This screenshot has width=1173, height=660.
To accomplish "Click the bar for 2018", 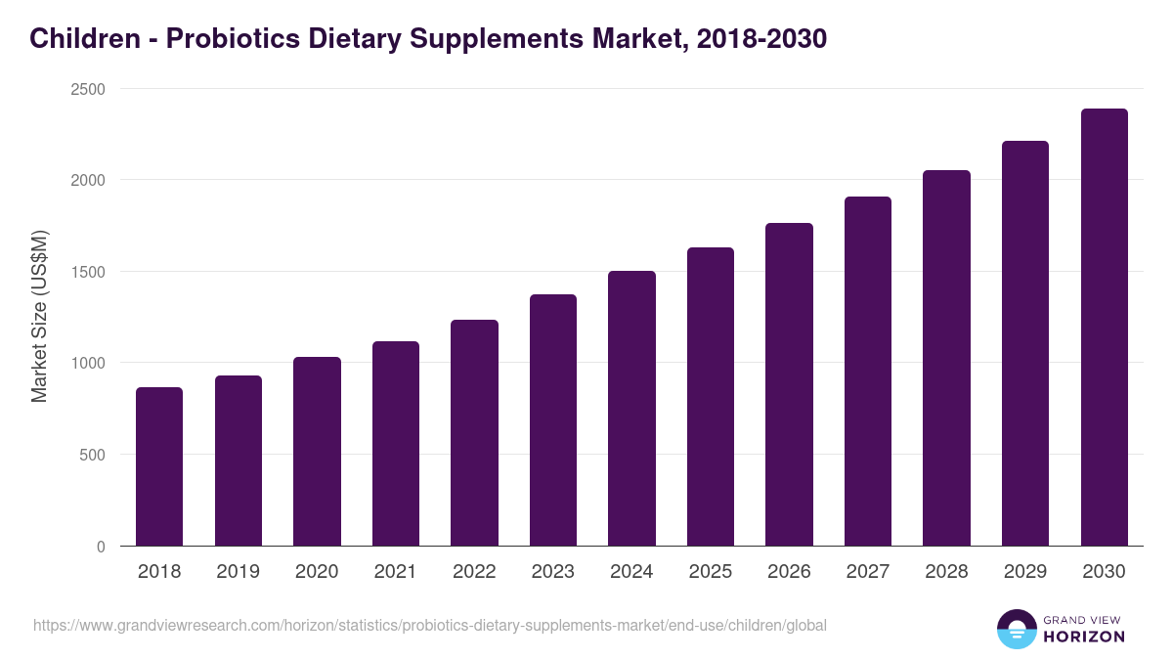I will pos(159,466).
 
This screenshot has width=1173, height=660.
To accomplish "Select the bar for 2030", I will pos(1104,328).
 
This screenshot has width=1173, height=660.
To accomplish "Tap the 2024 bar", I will pos(631,409).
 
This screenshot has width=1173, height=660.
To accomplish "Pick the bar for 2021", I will pos(395,444).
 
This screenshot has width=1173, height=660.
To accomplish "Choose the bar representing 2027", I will pos(868,372).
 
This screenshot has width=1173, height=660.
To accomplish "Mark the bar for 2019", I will pos(239,461).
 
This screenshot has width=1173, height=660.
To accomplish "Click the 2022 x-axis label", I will pos(474,571).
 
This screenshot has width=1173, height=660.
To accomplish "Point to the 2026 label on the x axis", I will pos(789,571).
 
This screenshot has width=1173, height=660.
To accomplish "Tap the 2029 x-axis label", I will pos(1025,571).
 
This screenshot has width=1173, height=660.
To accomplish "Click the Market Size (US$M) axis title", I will pos(39,318).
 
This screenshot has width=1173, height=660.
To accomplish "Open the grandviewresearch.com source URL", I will pos(430,625).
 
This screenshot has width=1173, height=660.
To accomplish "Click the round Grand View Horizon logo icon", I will pos(1016,629).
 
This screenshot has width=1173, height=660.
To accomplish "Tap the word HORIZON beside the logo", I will pos(1084,637).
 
